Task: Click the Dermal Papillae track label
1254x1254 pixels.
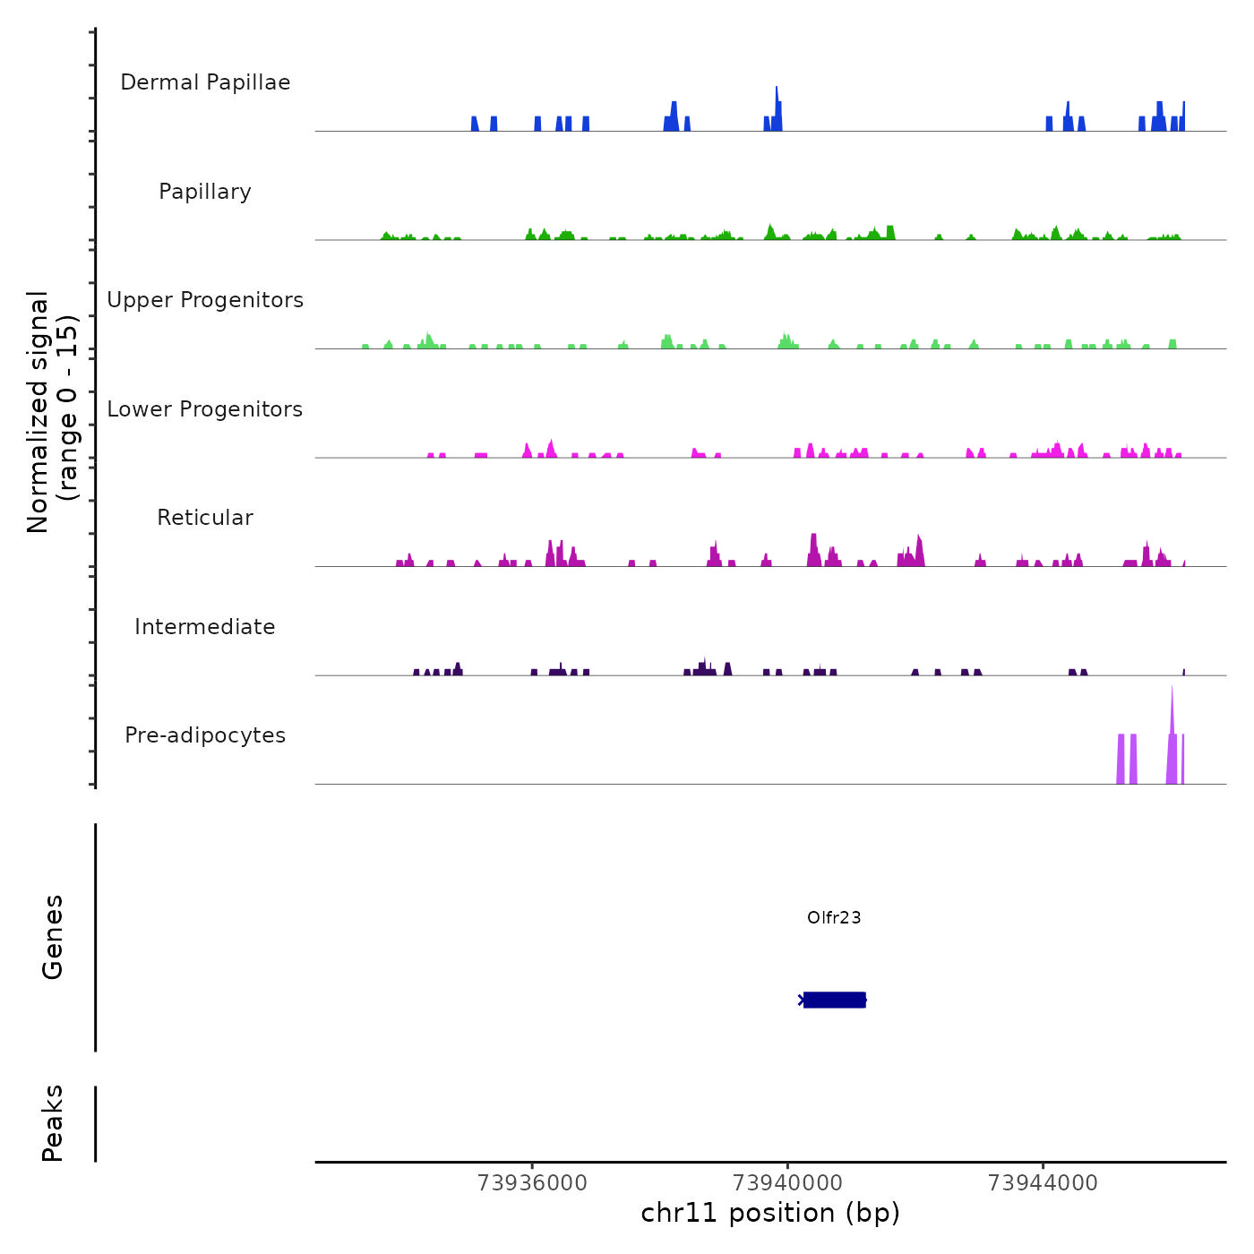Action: click(x=205, y=82)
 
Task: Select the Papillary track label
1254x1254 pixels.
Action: click(x=205, y=192)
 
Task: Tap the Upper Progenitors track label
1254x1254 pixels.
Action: click(x=205, y=300)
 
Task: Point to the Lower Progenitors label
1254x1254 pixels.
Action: click(x=205, y=409)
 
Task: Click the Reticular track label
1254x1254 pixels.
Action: click(x=205, y=518)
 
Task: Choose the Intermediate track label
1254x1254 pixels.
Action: click(x=205, y=627)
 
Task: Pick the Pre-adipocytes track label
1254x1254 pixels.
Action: click(x=205, y=735)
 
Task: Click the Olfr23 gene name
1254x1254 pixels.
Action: click(x=834, y=917)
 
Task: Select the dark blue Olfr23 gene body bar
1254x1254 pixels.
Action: click(x=834, y=1000)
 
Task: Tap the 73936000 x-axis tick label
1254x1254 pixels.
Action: click(x=533, y=1182)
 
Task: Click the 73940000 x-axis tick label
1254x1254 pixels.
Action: click(x=787, y=1182)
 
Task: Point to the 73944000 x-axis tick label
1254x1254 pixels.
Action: click(x=1043, y=1182)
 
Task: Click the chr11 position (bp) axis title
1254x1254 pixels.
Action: click(x=770, y=1213)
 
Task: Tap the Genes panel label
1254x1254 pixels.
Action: click(x=53, y=937)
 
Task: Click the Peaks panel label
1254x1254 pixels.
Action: click(x=53, y=1123)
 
